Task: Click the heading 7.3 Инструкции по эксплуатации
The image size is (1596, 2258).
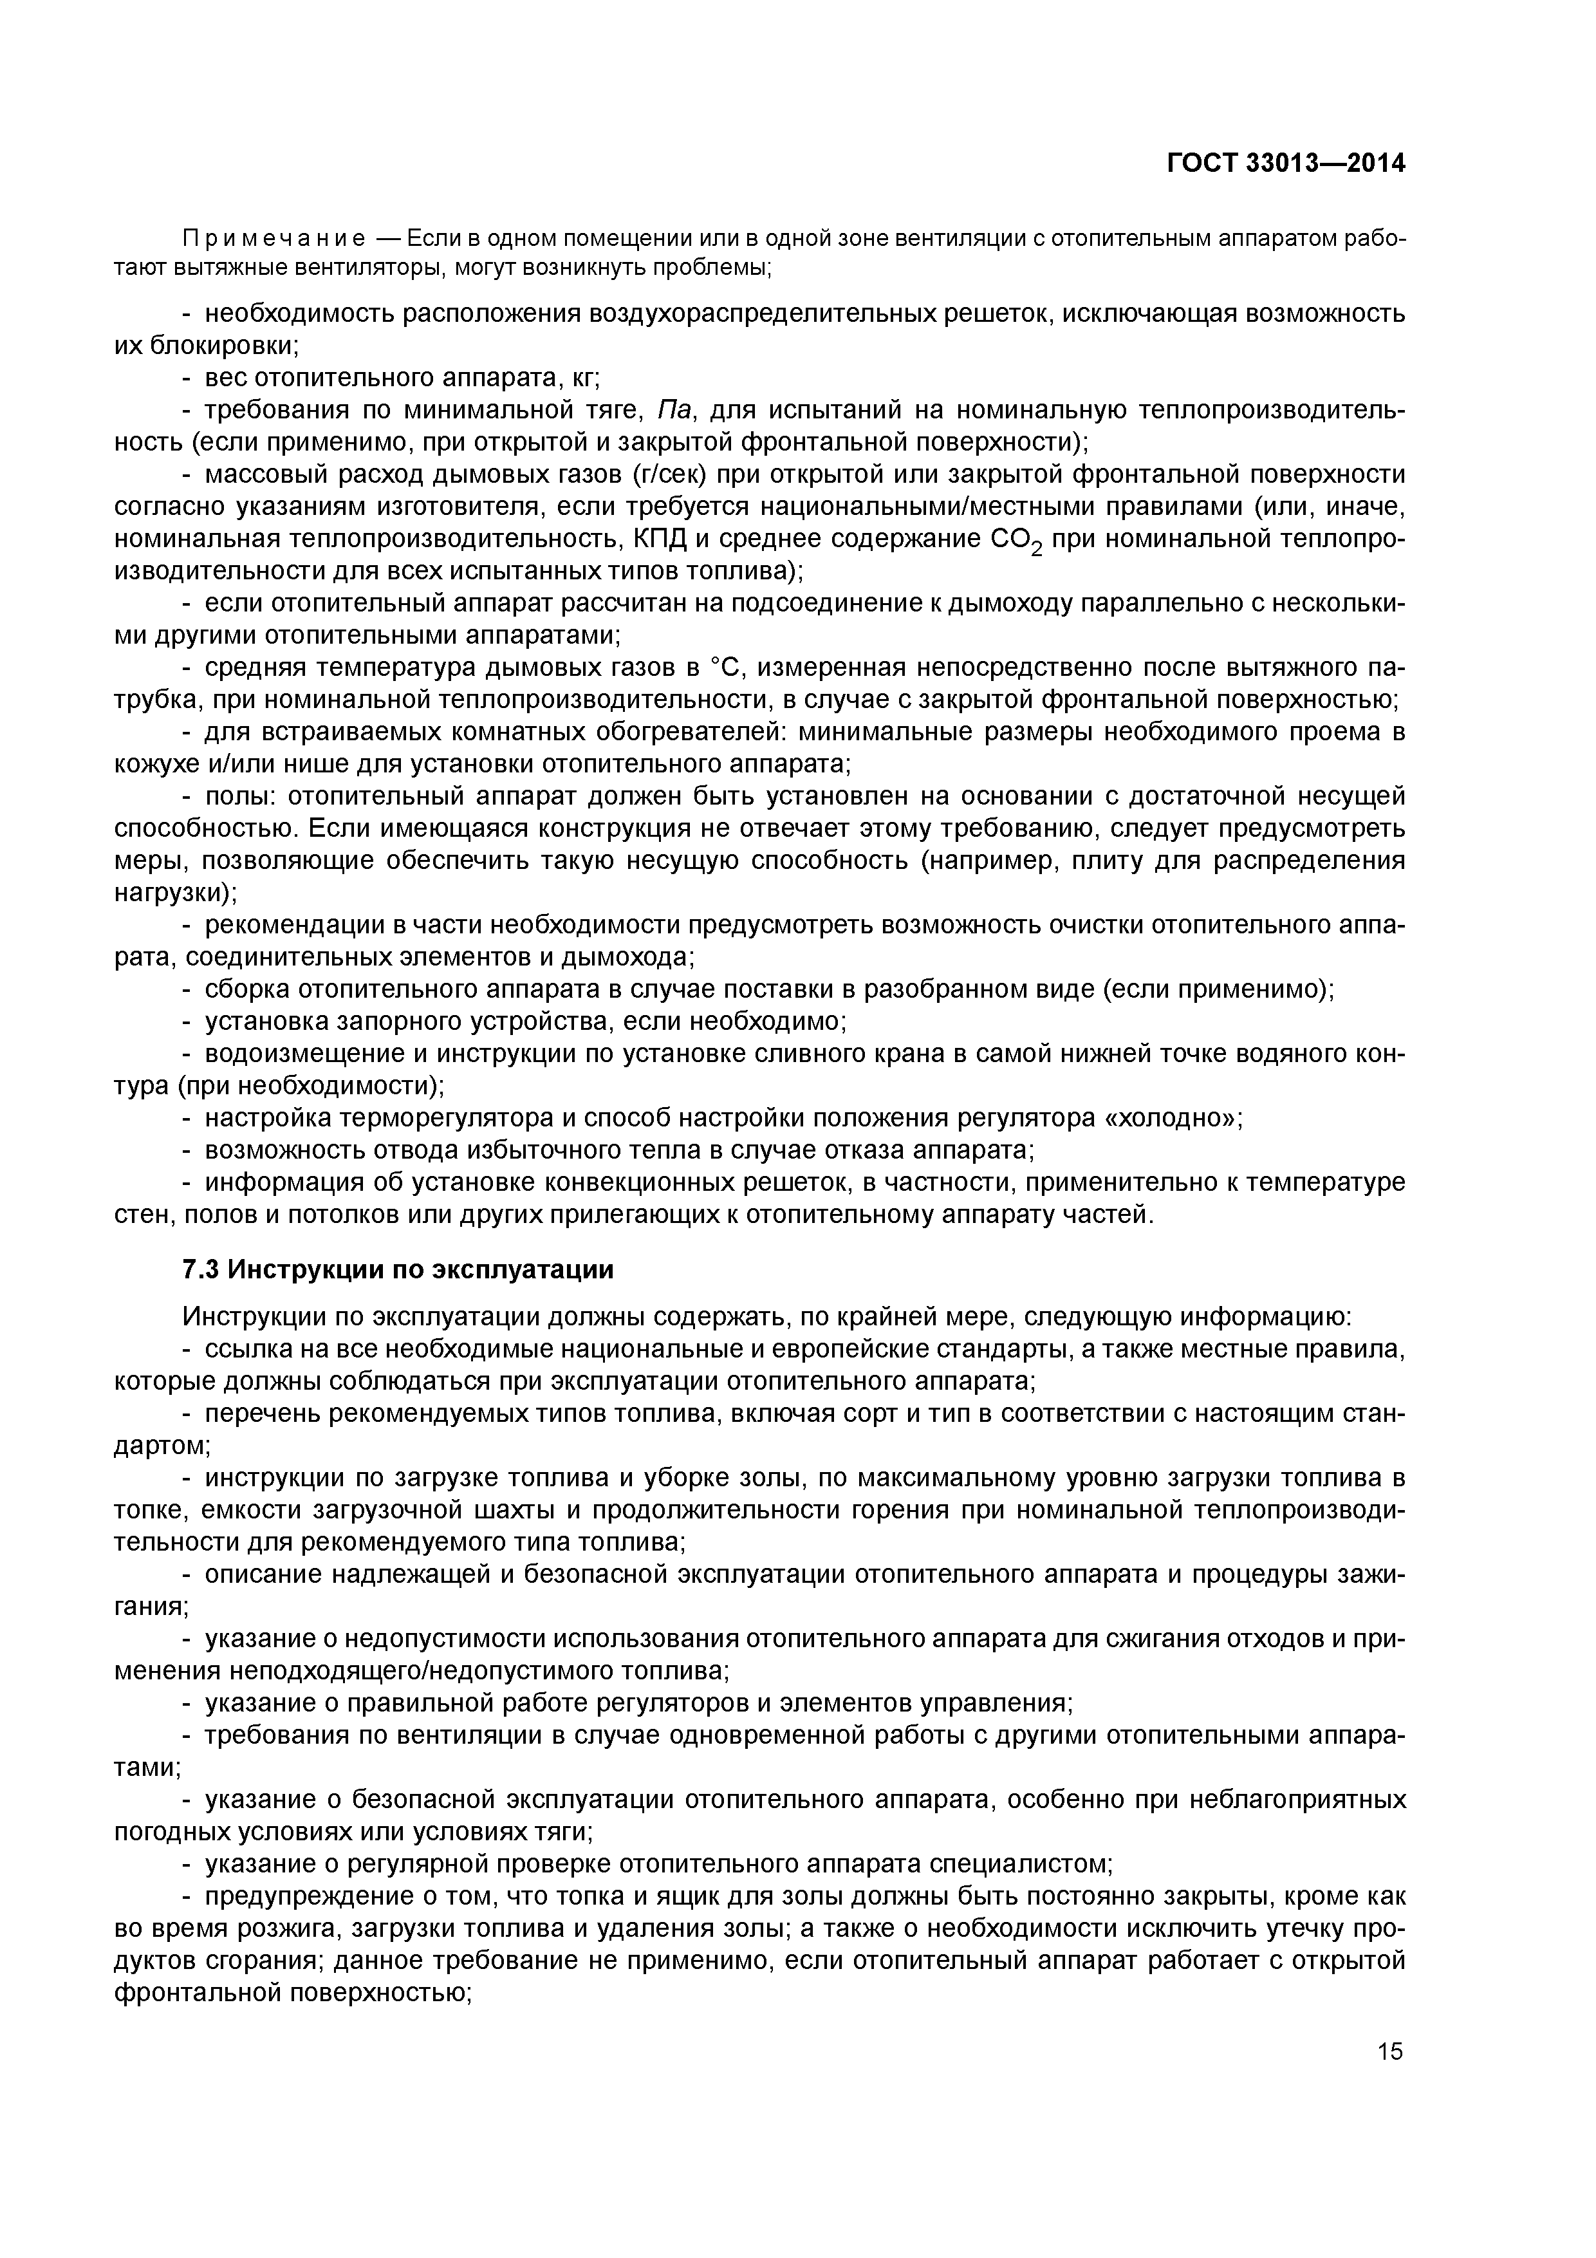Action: (398, 1269)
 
